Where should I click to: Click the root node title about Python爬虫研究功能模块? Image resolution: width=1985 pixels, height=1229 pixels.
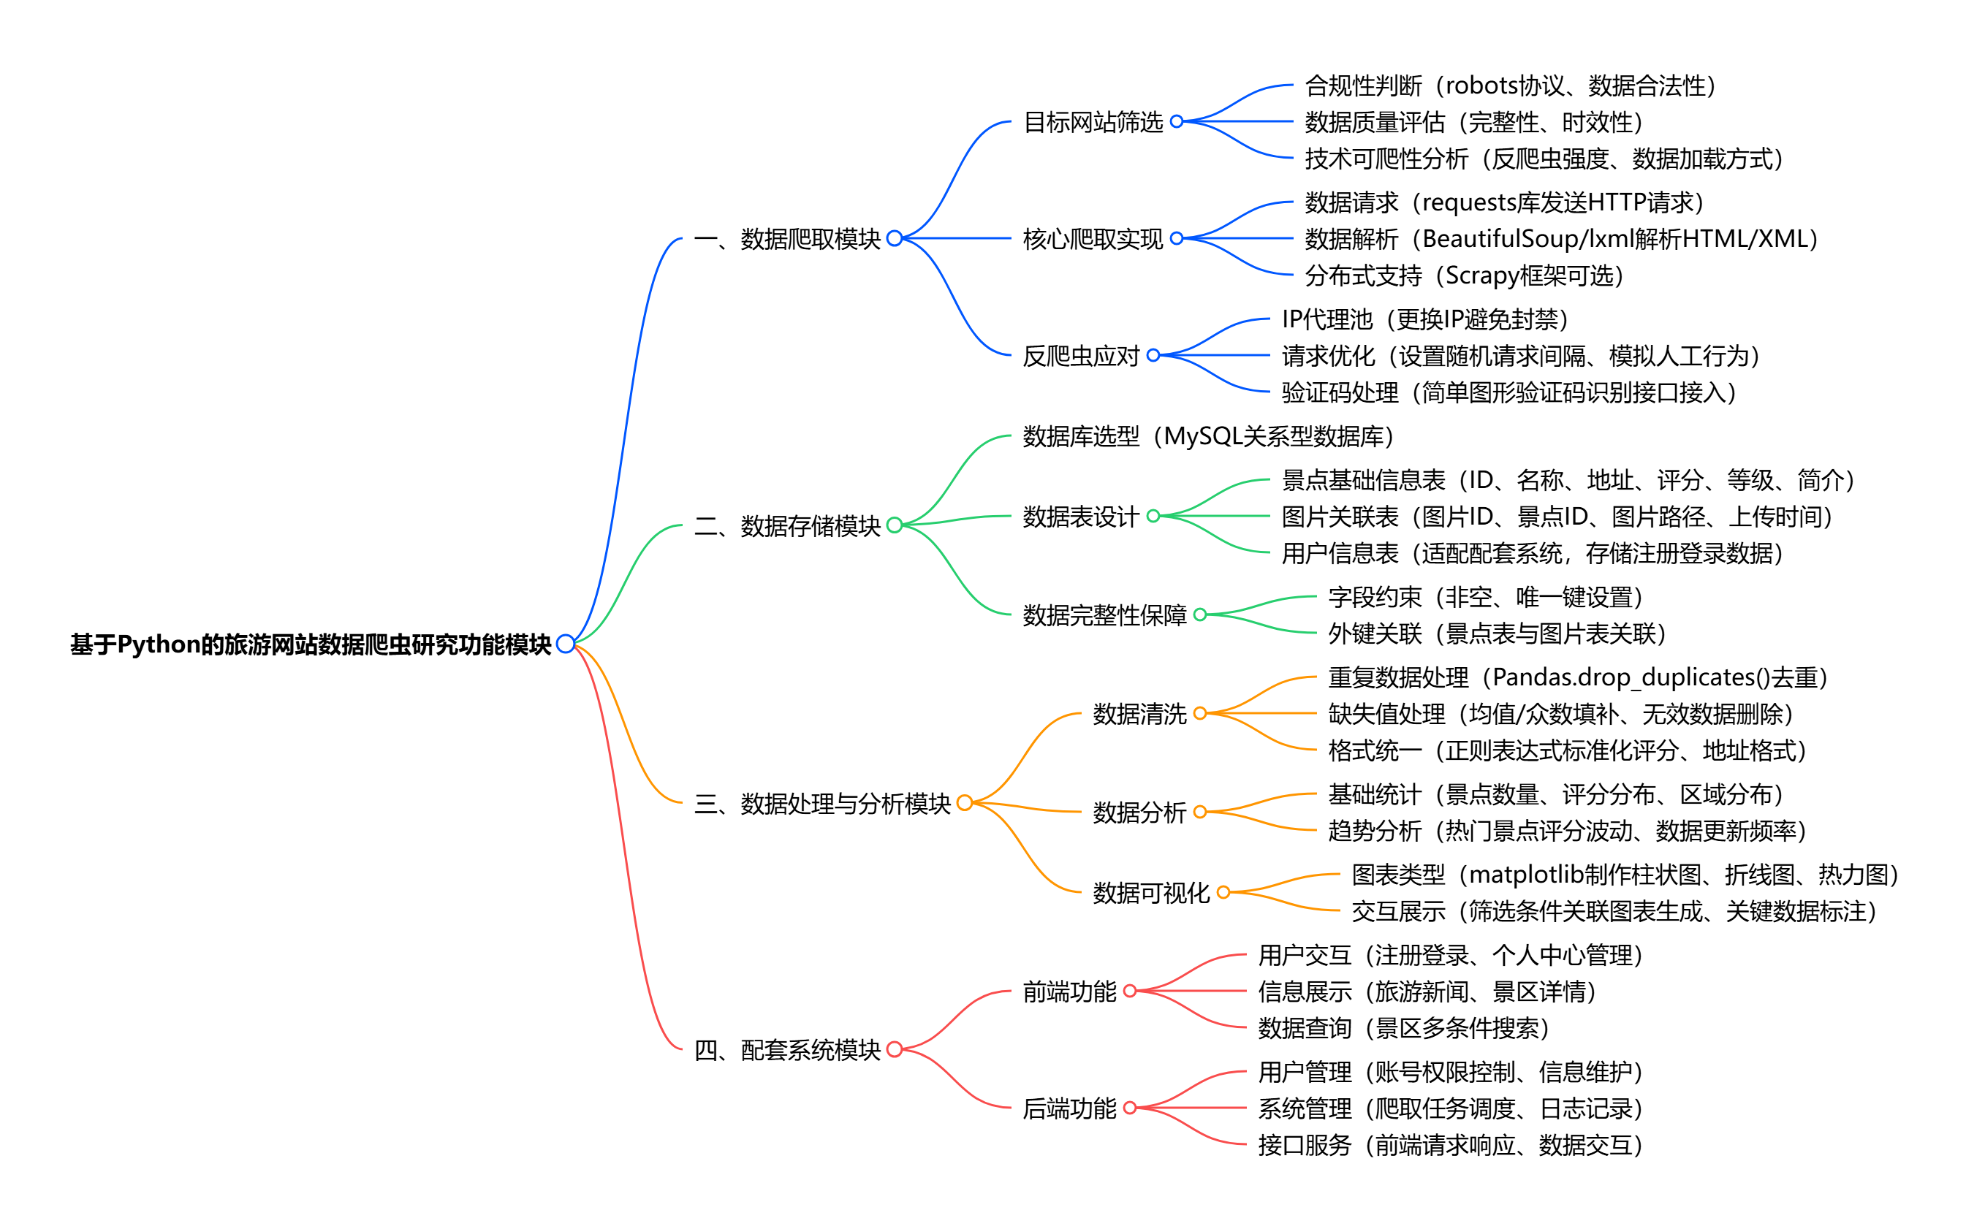tap(311, 644)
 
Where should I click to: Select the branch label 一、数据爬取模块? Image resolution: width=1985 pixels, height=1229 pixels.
tap(787, 239)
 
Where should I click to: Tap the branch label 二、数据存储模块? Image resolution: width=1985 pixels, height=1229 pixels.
tap(787, 526)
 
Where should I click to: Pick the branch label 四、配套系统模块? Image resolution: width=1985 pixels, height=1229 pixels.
tap(787, 1050)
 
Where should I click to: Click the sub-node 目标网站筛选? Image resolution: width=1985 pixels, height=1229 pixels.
tap(1093, 122)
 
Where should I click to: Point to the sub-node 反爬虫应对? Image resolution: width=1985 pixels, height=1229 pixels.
tap(1080, 356)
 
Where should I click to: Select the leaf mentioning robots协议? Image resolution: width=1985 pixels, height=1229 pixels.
tap(1510, 85)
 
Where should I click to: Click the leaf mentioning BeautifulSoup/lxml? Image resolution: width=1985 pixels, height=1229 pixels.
tap(1560, 239)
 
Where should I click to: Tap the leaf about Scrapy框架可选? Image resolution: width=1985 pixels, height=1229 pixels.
tap(1464, 275)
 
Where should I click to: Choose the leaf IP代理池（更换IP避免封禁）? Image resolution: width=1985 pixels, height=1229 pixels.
tap(1424, 319)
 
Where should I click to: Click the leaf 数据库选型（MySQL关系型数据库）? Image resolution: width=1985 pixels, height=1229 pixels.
tap(1208, 436)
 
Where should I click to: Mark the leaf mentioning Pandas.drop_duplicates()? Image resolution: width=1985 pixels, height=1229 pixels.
tap(1577, 677)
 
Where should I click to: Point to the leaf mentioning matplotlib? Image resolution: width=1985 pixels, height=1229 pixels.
tap(1624, 875)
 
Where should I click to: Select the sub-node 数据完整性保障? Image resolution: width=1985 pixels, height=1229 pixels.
tap(1104, 615)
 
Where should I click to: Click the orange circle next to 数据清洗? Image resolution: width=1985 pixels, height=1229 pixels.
tap(1200, 714)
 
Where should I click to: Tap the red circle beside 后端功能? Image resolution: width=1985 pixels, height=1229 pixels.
tap(1129, 1108)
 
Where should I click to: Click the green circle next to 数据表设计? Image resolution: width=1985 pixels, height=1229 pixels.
tap(1153, 516)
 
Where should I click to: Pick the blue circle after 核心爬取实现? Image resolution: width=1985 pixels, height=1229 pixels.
tap(1176, 239)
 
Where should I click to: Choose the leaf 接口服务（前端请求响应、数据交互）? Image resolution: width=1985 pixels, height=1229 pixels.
tap(1450, 1145)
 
